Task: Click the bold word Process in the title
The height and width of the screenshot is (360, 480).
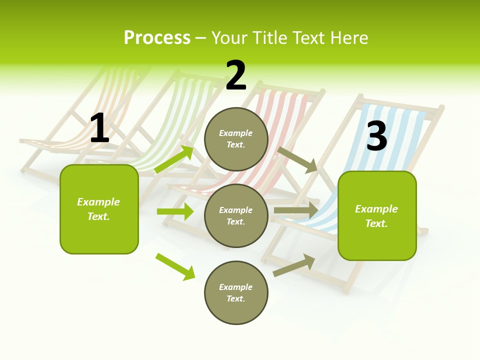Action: tap(157, 38)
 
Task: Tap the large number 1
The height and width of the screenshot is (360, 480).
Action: tap(99, 128)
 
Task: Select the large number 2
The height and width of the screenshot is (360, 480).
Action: tap(236, 75)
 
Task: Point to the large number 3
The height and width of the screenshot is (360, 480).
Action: tap(377, 135)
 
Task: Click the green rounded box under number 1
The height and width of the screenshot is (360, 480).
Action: tap(99, 209)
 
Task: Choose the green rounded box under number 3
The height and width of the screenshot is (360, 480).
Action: tap(377, 216)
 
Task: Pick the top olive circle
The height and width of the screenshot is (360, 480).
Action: tap(236, 139)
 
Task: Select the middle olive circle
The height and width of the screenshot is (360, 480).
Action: tap(236, 215)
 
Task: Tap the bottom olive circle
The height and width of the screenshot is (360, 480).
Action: tap(236, 292)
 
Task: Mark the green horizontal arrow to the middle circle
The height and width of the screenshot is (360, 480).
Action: tap(175, 211)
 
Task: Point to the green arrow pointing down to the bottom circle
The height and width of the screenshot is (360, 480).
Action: tap(175, 266)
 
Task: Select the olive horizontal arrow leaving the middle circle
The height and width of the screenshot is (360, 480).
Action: tap(296, 210)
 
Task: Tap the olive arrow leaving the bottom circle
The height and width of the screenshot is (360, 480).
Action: tap(294, 265)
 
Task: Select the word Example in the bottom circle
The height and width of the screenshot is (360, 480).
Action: tap(236, 287)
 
